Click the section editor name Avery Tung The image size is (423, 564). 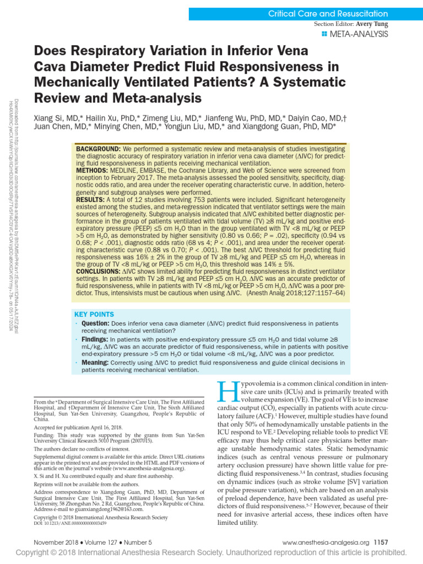(372, 24)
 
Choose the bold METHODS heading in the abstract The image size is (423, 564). (93, 171)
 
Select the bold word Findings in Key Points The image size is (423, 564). (95, 340)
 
